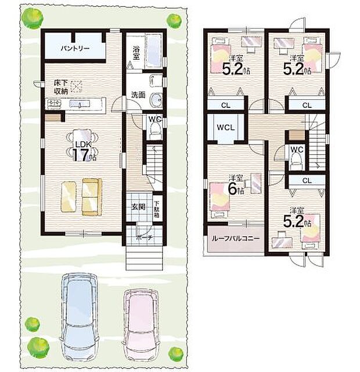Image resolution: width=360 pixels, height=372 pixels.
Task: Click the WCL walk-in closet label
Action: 226,127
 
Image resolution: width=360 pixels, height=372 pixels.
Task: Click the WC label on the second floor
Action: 296,149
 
